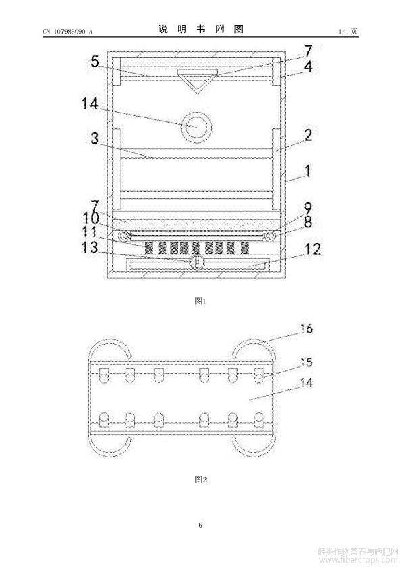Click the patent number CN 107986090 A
pos(68,32)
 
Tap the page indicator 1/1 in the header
pos(343,32)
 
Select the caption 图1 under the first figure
pos(201,301)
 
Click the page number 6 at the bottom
pos(201,525)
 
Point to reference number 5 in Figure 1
pos(95,61)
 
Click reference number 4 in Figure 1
pos(308,66)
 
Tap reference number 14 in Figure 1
pos(90,103)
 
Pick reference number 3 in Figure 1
pos(95,138)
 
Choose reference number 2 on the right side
pos(307,135)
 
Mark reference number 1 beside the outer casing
pos(307,170)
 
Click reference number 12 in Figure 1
pos(313,249)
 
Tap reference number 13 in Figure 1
pos(90,247)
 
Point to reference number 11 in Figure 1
pos(90,232)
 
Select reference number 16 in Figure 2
pos(306,329)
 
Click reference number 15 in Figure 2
pos(306,362)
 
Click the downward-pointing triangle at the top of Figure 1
pos(197,82)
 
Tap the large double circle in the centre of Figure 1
pos(197,126)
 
